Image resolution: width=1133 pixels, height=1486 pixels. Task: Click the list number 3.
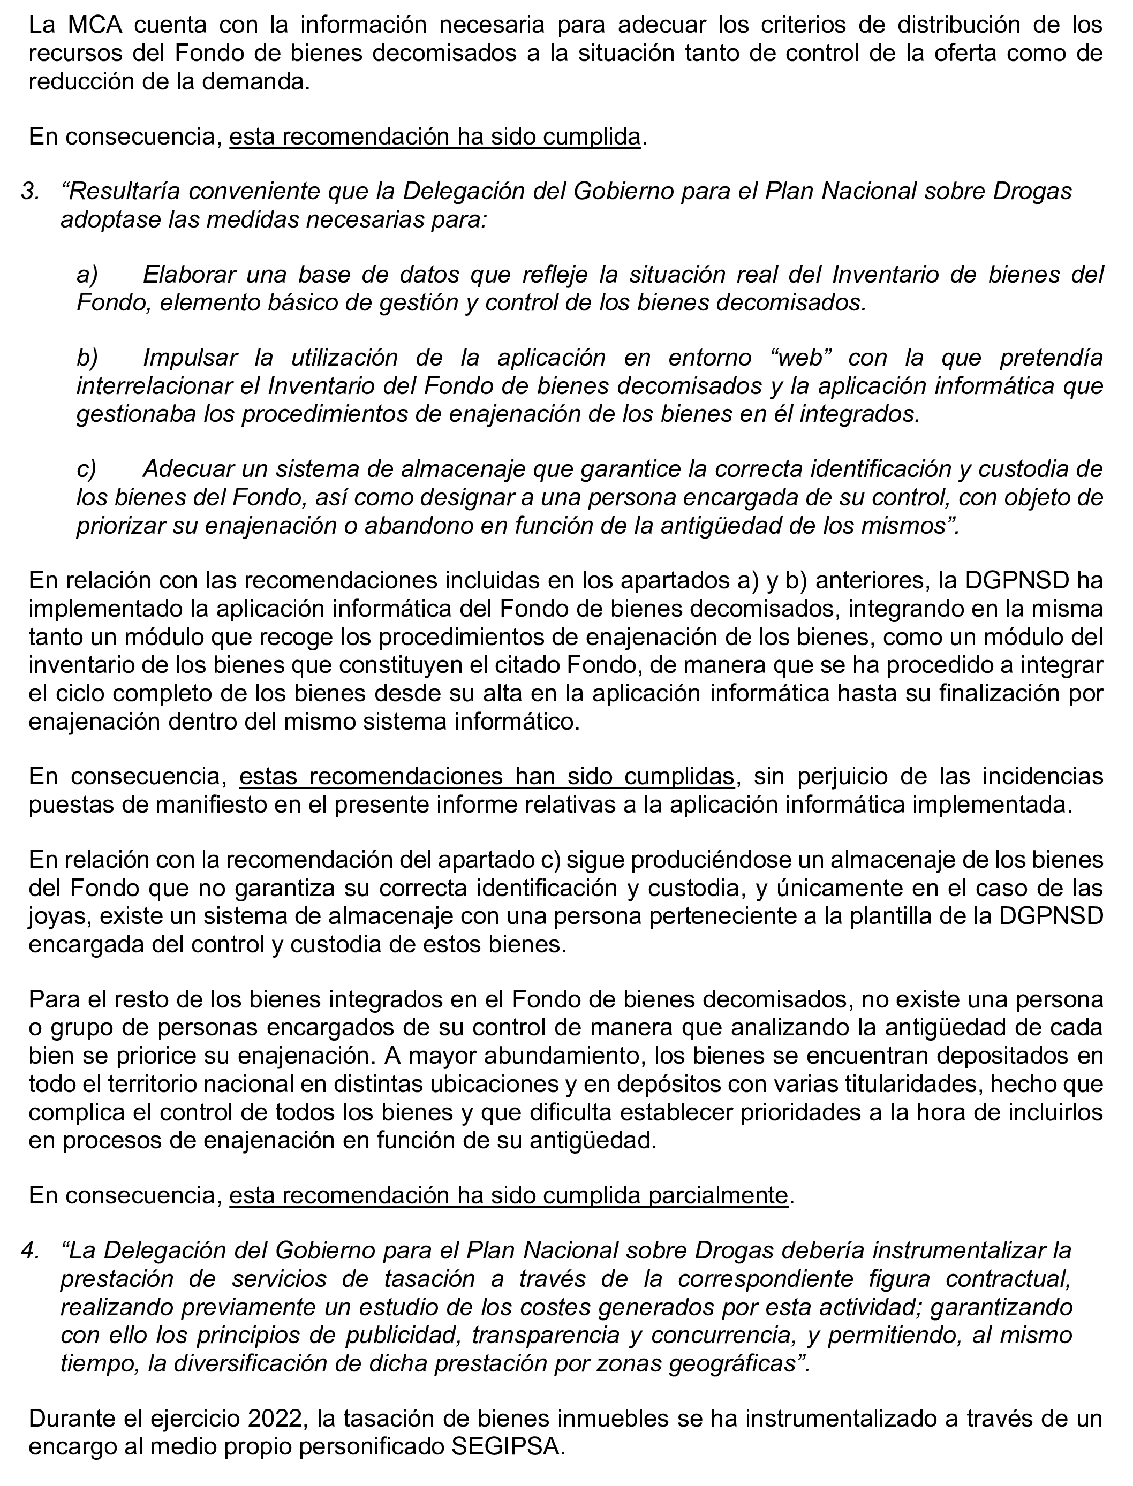click(x=28, y=192)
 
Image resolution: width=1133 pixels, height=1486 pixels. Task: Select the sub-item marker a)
click(x=88, y=275)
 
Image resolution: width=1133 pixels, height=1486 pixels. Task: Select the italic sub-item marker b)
click(x=88, y=358)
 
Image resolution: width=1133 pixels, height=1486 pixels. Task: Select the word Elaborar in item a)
click(x=187, y=275)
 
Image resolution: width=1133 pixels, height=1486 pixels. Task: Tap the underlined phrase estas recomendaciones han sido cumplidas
click(x=486, y=777)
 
